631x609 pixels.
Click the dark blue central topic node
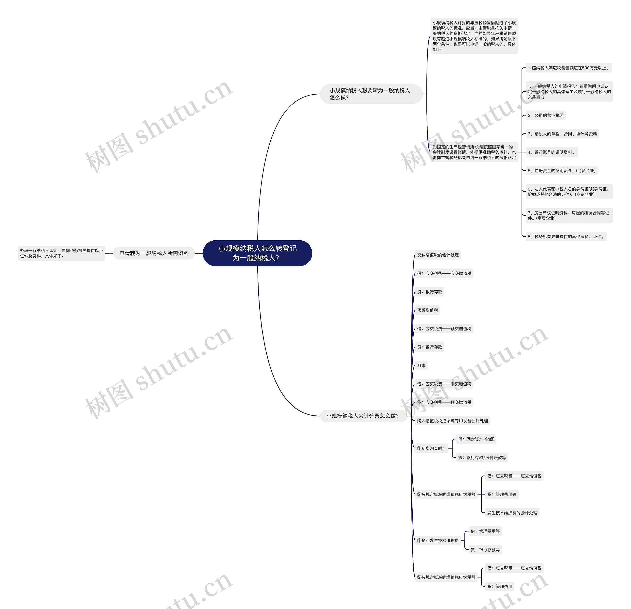pos(257,253)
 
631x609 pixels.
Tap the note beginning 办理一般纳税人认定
pos(61,253)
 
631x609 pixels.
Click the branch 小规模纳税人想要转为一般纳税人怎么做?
pos(371,94)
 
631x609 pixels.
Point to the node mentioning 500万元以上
pos(569,68)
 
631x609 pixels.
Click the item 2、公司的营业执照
pos(546,115)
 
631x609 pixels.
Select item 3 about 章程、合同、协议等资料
pos(562,134)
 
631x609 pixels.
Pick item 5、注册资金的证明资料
pos(561,170)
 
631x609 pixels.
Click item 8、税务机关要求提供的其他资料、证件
pos(566,236)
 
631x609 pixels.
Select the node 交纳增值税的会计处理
pos(438,255)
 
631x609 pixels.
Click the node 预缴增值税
pos(428,310)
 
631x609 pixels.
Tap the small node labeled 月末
pos(421,365)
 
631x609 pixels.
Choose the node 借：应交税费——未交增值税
pos(444,384)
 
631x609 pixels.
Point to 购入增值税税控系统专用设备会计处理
pos(452,420)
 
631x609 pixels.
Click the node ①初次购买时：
pos(431,448)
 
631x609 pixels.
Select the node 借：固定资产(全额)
pos(476,439)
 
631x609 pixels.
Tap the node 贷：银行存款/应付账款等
pos(482,458)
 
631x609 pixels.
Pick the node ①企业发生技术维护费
pos(438,541)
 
